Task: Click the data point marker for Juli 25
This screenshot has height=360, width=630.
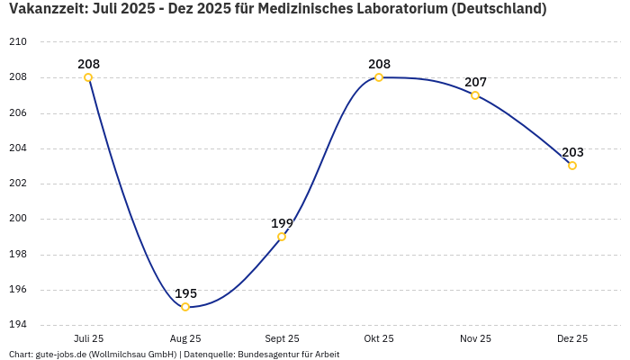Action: (x=88, y=77)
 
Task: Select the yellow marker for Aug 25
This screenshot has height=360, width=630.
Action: (x=185, y=307)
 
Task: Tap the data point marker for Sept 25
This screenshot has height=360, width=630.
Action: (x=282, y=237)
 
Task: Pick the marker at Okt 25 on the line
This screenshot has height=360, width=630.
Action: (x=379, y=77)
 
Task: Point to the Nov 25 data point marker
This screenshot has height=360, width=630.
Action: (x=475, y=95)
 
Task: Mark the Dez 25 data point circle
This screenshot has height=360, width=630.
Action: (x=572, y=166)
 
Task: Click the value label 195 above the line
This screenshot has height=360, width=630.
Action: (x=185, y=293)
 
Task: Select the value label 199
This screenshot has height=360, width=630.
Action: (x=282, y=223)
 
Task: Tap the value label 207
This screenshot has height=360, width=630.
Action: (x=475, y=82)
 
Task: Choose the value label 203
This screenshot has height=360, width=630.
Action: (x=572, y=152)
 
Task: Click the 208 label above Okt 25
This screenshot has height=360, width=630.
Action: (x=379, y=64)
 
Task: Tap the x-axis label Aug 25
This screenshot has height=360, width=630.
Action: (x=185, y=338)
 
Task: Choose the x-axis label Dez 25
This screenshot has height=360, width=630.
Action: (x=572, y=338)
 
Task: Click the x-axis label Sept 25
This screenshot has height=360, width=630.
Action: (x=282, y=338)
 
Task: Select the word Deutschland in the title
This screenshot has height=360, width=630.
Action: (x=498, y=10)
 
